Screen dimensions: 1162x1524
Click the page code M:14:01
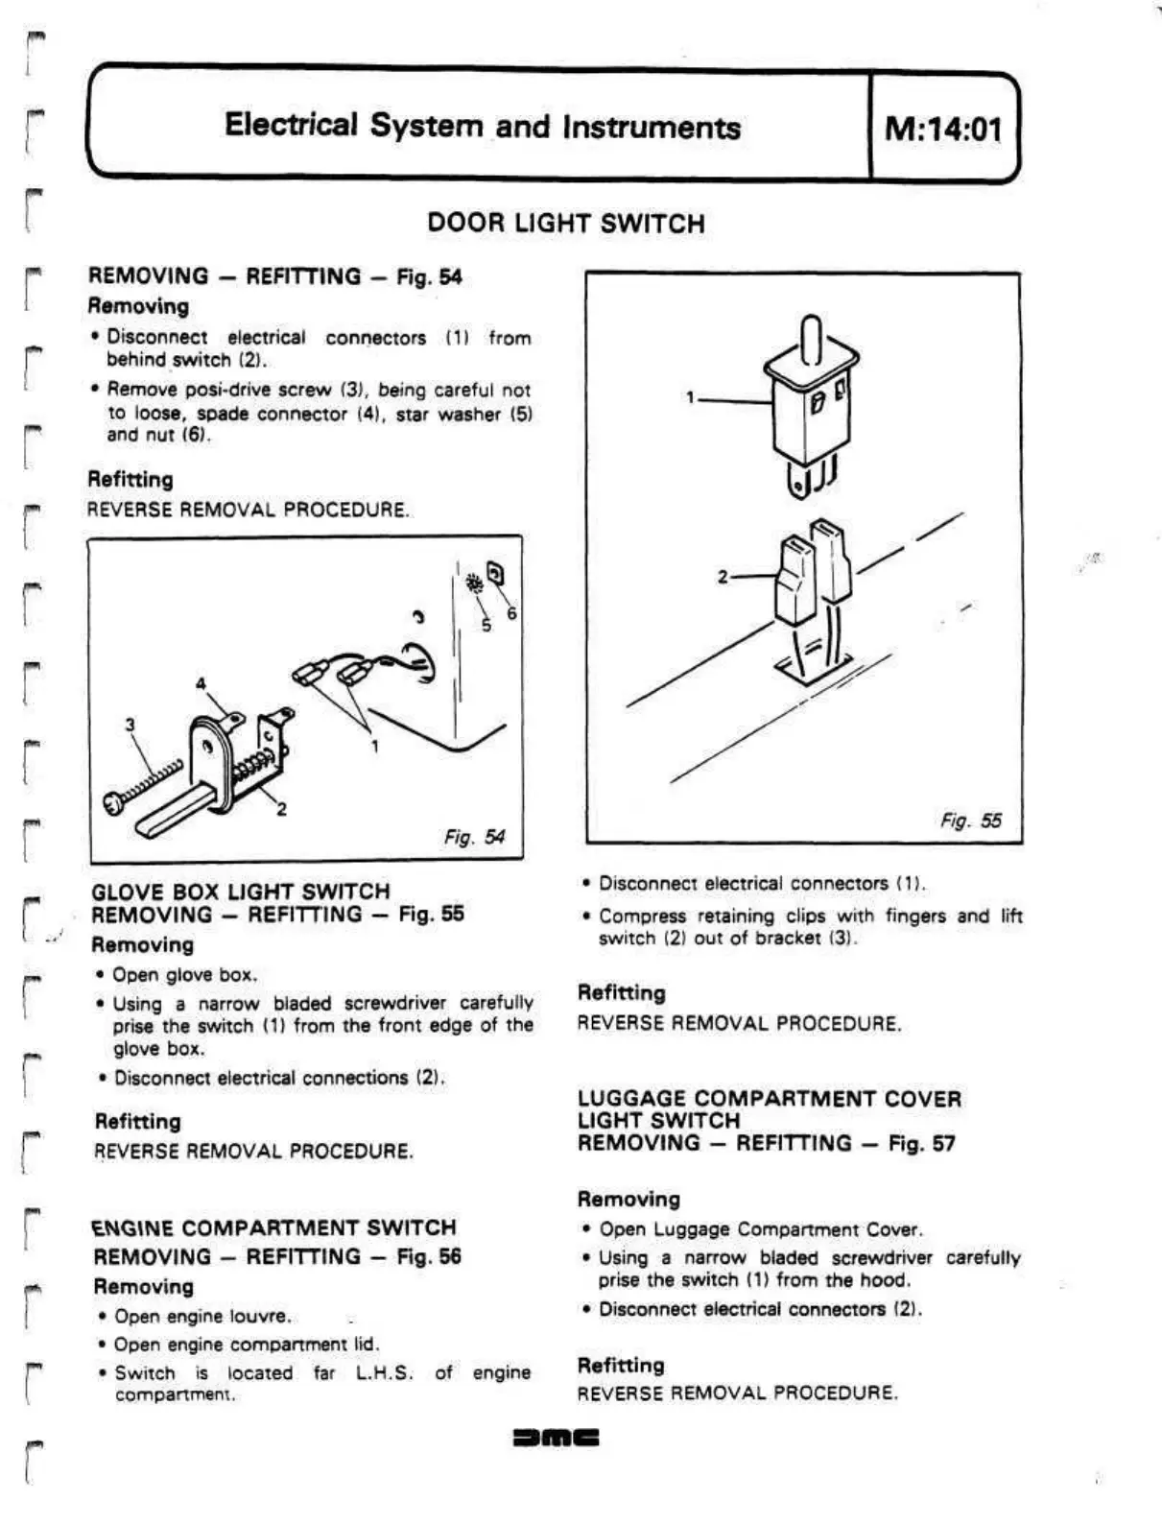pos(942,129)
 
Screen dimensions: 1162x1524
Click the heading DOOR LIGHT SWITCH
pos(565,224)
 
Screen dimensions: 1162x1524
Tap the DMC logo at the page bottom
pos(557,1439)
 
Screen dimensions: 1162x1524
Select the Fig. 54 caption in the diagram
pos(474,837)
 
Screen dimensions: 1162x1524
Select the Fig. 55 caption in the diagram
pos(970,821)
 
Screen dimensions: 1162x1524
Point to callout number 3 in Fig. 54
pos(130,725)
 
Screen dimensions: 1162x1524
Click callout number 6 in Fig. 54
pos(512,613)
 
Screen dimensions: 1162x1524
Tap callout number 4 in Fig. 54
pos(201,684)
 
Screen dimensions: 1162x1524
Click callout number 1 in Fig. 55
pos(689,397)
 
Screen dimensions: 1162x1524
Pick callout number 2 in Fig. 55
pos(723,577)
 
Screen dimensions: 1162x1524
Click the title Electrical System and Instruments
pos(482,127)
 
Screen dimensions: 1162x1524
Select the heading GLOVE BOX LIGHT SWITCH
pos(241,892)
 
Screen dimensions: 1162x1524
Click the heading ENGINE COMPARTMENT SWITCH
pos(274,1227)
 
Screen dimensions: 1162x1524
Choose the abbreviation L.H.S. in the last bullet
pos(384,1372)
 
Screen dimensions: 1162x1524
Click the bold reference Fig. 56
pos(429,1256)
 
